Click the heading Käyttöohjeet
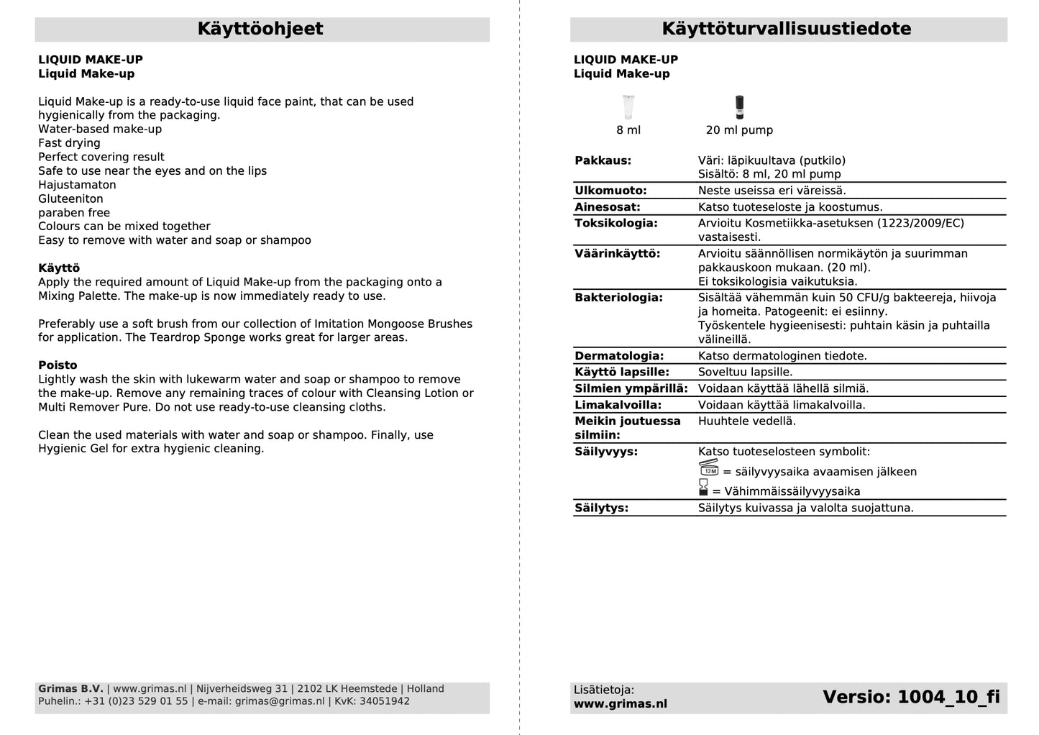[x=260, y=29]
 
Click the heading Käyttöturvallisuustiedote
[x=787, y=29]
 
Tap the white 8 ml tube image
[x=628, y=107]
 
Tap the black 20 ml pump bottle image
[x=739, y=107]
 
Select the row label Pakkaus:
[x=603, y=160]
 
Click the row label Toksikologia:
[x=616, y=223]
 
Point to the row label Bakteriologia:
[x=618, y=298]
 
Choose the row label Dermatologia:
[x=619, y=356]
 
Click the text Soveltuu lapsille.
[x=746, y=373]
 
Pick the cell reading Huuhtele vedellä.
[x=747, y=421]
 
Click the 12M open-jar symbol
[x=709, y=468]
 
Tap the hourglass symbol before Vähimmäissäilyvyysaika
[x=703, y=488]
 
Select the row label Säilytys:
[x=602, y=508]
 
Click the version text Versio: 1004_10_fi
[x=911, y=697]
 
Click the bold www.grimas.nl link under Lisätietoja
[x=621, y=704]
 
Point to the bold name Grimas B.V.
[x=70, y=689]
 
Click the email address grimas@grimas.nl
[x=280, y=701]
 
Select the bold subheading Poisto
[x=58, y=365]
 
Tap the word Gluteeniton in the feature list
[x=70, y=199]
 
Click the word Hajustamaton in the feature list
[x=77, y=185]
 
